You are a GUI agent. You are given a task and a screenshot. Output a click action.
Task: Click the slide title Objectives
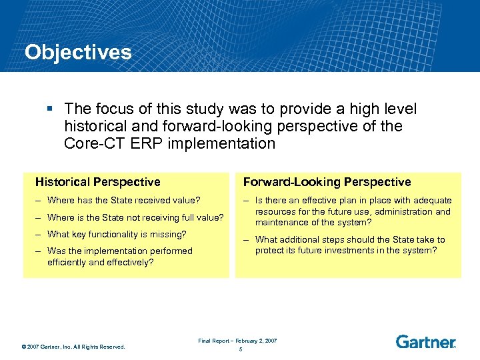click(78, 53)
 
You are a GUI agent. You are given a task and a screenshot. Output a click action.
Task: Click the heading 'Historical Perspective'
click(97, 182)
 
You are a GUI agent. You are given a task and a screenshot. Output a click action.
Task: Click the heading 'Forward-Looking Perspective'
click(327, 182)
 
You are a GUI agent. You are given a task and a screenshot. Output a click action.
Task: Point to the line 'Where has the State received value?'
click(124, 200)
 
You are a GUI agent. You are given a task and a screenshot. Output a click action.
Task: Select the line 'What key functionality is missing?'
click(117, 234)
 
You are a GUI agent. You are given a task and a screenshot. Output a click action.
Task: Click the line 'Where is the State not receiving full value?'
click(135, 217)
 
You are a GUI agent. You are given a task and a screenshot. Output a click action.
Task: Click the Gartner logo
click(425, 342)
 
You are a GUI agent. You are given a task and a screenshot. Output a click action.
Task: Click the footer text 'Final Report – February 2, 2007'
click(237, 341)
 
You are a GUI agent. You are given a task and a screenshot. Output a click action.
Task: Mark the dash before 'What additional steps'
click(247, 240)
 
